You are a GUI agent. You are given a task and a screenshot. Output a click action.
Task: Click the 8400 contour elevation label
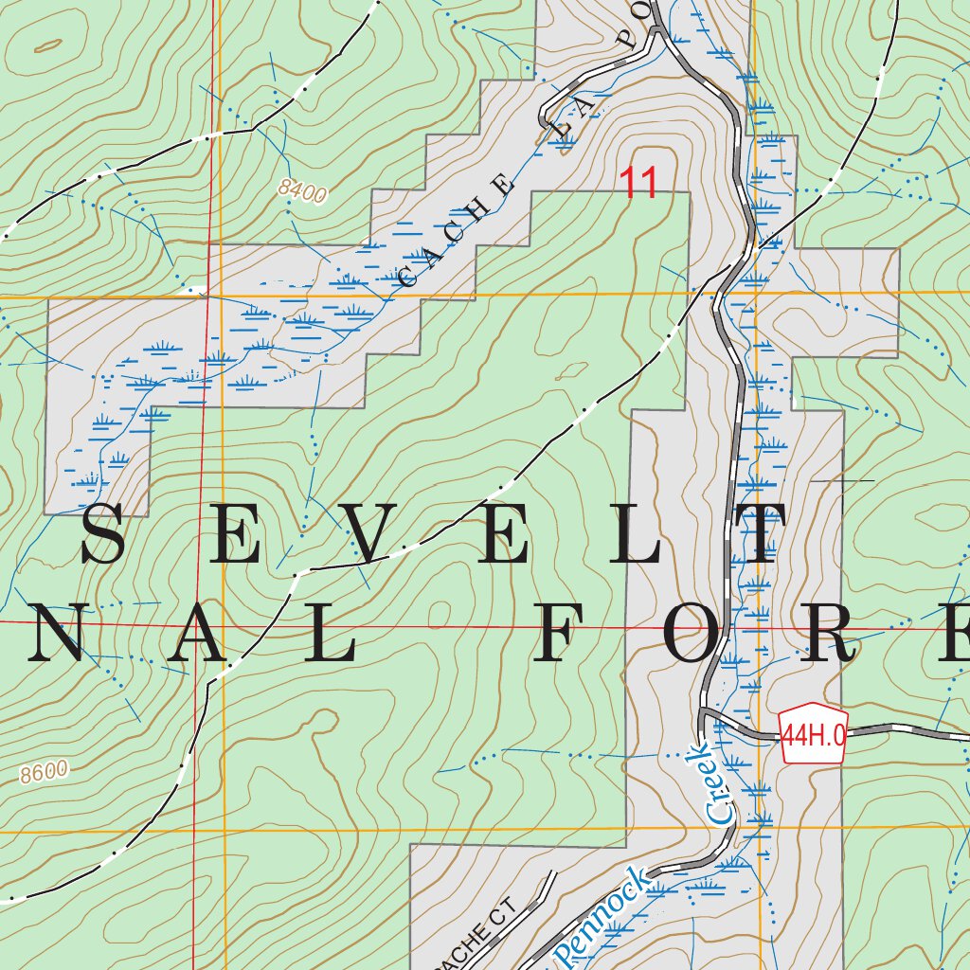[x=303, y=191]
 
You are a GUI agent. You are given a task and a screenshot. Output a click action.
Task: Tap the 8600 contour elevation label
[x=45, y=772]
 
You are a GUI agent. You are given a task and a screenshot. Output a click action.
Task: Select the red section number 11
[x=638, y=184]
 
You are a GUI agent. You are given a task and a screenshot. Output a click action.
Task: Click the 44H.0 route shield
[x=813, y=732]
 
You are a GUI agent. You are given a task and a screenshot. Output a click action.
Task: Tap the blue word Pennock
[x=603, y=913]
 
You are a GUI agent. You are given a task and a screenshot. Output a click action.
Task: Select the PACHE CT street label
[x=488, y=933]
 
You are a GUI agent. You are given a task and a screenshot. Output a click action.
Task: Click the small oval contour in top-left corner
[x=47, y=44]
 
